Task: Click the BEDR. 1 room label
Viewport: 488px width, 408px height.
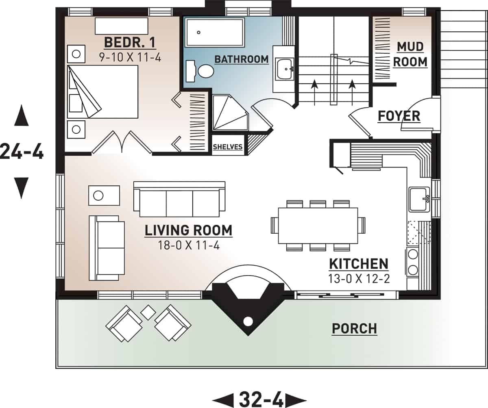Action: pyautogui.click(x=130, y=42)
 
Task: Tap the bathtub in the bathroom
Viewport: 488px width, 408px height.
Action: pyautogui.click(x=215, y=32)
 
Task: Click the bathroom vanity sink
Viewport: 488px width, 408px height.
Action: pyautogui.click(x=285, y=68)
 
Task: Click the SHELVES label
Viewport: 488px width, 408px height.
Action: pyautogui.click(x=228, y=147)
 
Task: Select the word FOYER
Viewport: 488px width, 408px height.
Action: pyautogui.click(x=399, y=116)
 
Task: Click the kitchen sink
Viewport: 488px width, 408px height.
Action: pyautogui.click(x=418, y=199)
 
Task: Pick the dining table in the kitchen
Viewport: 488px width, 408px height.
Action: pyautogui.click(x=318, y=225)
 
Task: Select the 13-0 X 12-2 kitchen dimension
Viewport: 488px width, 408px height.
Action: pyautogui.click(x=358, y=278)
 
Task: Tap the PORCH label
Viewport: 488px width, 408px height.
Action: pyautogui.click(x=354, y=328)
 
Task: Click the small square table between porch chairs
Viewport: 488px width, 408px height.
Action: pyautogui.click(x=148, y=312)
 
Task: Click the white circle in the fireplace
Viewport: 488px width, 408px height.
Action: pyautogui.click(x=248, y=321)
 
